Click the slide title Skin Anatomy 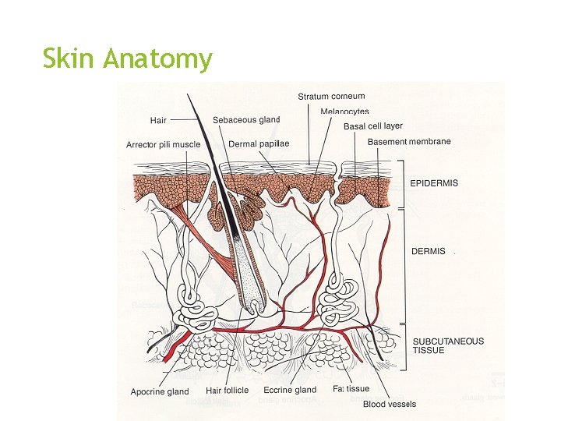coord(127,59)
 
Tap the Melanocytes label coord(344,112)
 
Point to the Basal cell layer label coord(373,126)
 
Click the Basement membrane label coord(409,142)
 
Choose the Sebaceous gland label coord(246,120)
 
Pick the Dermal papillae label coord(259,144)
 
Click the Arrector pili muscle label coord(163,145)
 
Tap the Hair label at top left coord(158,121)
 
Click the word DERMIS coord(429,252)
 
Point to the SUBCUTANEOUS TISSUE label coord(448,345)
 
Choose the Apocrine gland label coord(160,391)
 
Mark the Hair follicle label coord(227,391)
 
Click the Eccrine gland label coord(290,390)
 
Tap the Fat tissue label coord(351,389)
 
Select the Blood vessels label coord(390,404)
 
